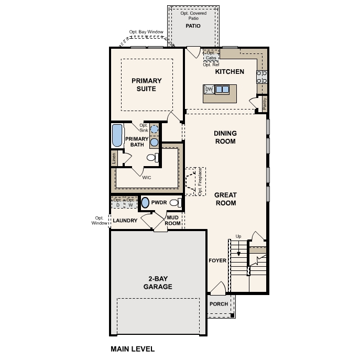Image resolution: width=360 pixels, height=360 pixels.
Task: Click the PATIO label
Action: pos(193,26)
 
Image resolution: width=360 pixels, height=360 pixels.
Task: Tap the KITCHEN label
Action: pos(230,72)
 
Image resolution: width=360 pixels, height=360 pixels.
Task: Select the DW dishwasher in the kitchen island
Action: pos(209,89)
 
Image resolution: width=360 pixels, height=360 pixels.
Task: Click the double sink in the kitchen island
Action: pos(222,89)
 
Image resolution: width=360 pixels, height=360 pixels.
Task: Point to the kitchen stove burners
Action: pos(261,77)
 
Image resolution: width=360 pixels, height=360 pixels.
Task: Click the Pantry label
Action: pos(265,104)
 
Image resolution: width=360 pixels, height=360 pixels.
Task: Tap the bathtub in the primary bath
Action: pos(117,136)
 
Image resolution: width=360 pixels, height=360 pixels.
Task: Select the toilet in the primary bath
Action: pos(152,158)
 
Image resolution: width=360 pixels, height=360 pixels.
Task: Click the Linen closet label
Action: pos(114,158)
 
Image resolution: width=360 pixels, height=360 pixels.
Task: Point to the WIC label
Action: pos(147,178)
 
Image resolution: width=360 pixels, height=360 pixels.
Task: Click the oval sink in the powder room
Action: pos(145,203)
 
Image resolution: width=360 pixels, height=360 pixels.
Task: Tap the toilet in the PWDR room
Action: pos(176,203)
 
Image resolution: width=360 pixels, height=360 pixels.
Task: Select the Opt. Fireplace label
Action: pos(200,182)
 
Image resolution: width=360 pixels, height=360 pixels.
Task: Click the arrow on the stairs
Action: pos(238,249)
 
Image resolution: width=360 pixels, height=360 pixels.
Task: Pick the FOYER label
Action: pos(217,260)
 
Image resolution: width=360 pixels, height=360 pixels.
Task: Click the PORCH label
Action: pos(219,304)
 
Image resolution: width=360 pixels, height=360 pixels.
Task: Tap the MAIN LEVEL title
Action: pos(133,349)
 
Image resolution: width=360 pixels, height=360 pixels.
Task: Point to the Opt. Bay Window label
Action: pos(146,32)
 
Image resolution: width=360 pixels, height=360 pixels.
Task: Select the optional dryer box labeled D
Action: pos(118,202)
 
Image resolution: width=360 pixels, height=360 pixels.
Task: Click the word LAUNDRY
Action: pos(125,221)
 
